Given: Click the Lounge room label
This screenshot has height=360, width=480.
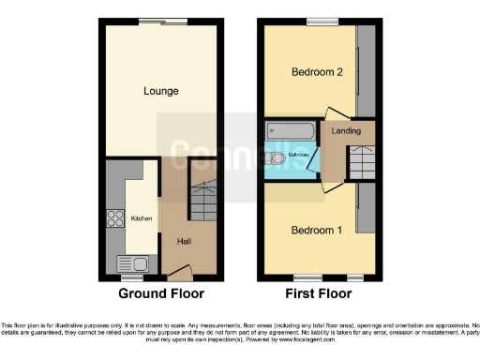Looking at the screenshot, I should (x=160, y=91).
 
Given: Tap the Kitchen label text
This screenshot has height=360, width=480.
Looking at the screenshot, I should (x=141, y=218).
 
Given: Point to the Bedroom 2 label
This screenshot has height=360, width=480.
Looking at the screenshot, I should (x=314, y=71).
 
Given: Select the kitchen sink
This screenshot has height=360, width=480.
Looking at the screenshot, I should (x=127, y=263).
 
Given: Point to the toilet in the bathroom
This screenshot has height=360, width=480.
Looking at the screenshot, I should (x=277, y=161).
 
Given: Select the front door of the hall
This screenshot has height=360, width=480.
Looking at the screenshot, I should (x=177, y=275).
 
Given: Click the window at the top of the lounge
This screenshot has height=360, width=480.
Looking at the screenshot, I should (x=162, y=22).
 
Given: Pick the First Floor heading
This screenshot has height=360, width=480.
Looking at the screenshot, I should (x=318, y=293).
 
